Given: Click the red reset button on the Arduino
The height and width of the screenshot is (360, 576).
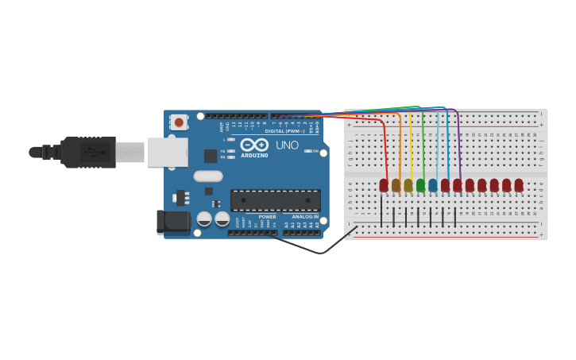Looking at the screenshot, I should tap(179, 122).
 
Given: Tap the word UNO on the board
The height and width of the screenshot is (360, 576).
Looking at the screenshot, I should tap(287, 145).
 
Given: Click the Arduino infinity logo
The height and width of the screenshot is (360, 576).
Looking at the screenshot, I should tap(254, 145).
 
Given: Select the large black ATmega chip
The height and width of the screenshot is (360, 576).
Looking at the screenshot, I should tap(275, 200).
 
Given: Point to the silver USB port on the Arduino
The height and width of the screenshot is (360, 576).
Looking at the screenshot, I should tap(167, 152).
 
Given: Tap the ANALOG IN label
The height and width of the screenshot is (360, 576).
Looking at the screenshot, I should tap(305, 216).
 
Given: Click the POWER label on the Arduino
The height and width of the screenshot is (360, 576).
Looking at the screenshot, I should tap(267, 216).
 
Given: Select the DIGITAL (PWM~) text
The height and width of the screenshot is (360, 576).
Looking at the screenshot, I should tap(284, 130).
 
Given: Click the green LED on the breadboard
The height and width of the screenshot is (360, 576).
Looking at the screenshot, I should tap(420, 185).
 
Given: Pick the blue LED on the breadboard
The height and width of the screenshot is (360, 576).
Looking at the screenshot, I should tap(433, 185).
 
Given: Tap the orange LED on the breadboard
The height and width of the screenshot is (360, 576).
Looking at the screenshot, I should tap(396, 185).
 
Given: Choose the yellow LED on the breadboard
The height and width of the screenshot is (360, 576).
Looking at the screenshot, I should tap(408, 185).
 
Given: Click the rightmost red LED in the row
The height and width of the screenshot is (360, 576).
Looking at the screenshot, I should tap(519, 185).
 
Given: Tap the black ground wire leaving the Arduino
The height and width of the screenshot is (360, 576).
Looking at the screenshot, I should tap(318, 252).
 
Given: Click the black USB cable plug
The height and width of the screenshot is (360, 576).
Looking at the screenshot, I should tap(87, 152).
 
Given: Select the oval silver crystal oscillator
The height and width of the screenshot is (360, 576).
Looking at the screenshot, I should tap(208, 176).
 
